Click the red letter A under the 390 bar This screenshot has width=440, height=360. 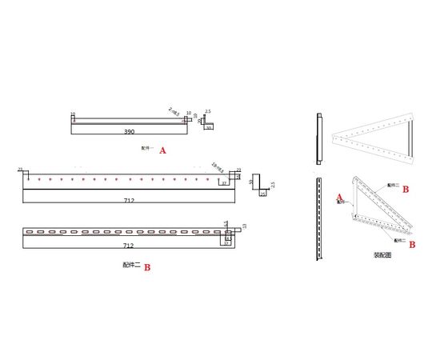[163, 150]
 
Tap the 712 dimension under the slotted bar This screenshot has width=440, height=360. [129, 246]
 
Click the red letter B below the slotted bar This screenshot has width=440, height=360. [147, 268]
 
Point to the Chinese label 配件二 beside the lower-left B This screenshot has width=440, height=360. [131, 266]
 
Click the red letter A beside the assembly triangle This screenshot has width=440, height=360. [339, 197]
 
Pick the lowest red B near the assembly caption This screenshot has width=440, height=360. [411, 246]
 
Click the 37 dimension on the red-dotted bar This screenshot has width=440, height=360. [226, 183]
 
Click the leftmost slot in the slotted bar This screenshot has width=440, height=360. [30, 233]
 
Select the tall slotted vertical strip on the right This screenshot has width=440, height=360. [319, 220]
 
